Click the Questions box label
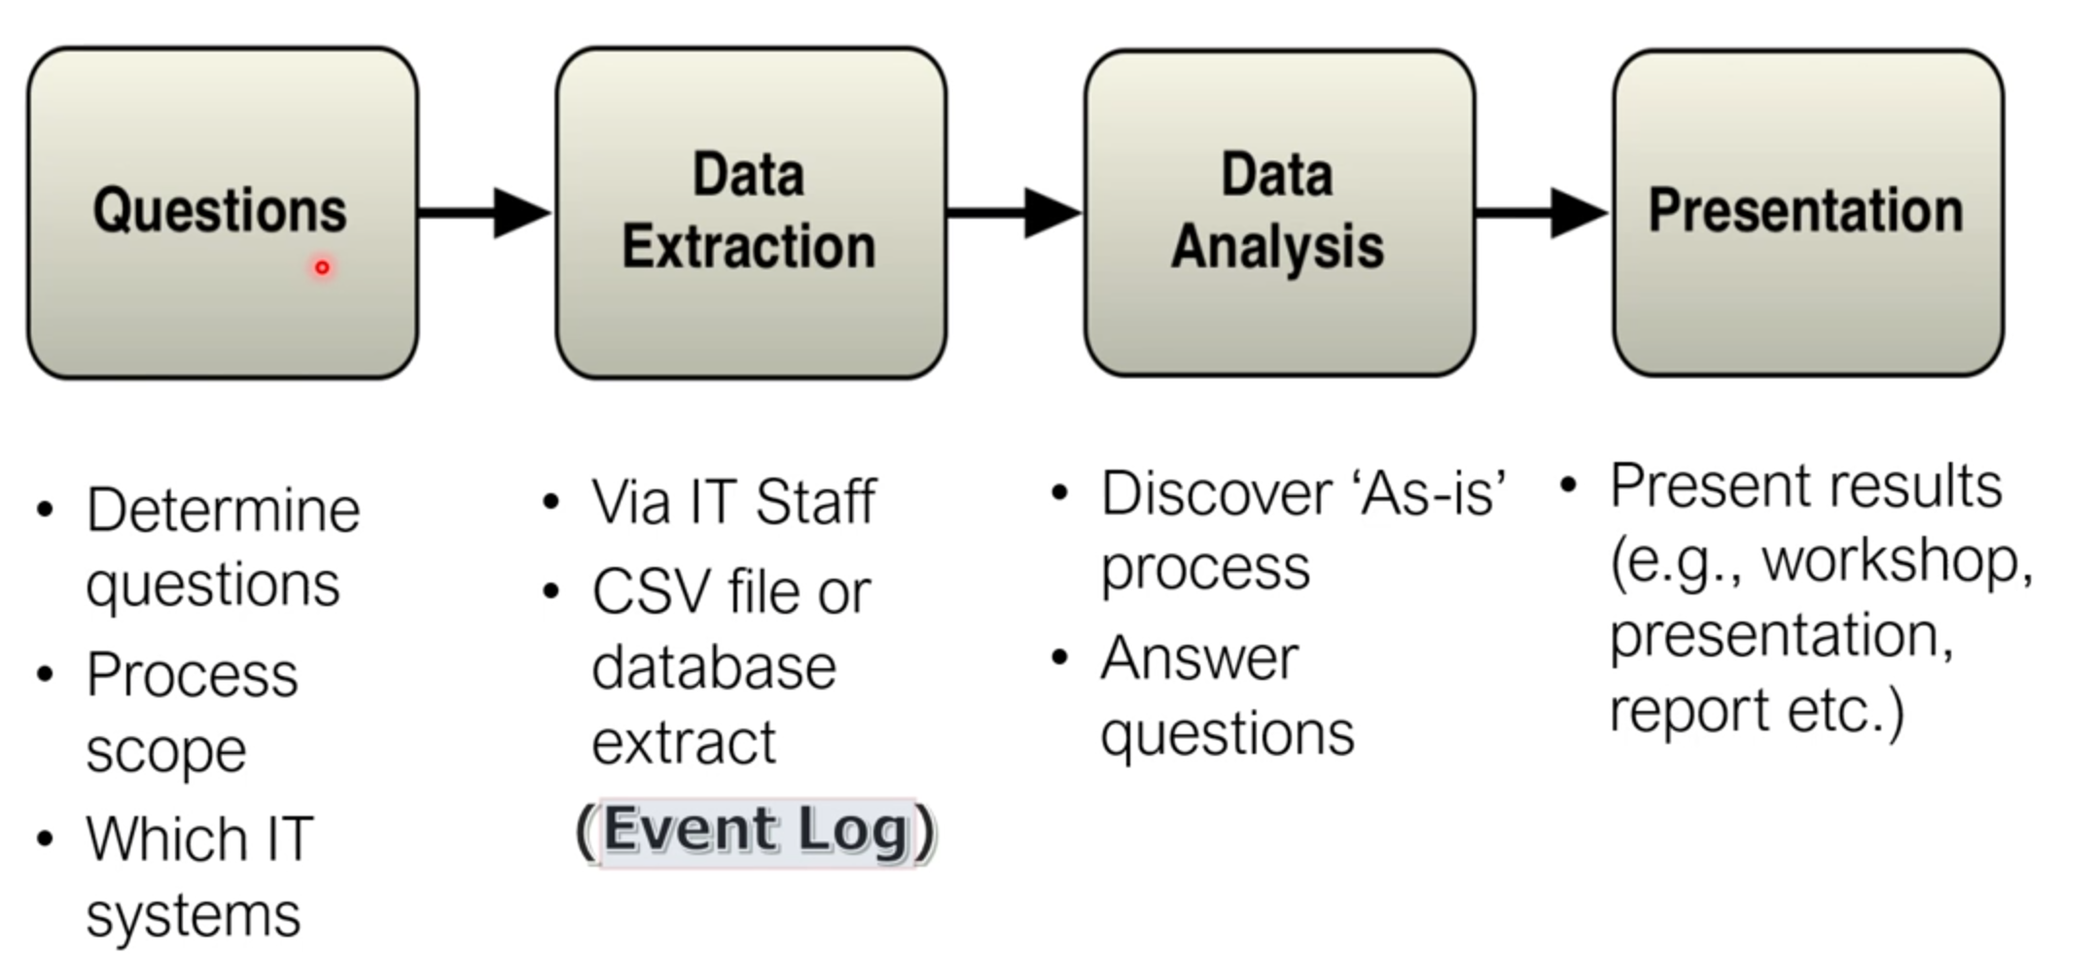[x=220, y=210]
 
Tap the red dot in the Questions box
[x=322, y=267]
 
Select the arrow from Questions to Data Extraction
[x=484, y=212]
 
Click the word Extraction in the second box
[x=748, y=246]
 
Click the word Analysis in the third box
[x=1277, y=246]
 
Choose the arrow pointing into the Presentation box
[x=1542, y=212]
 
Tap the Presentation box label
[x=1805, y=210]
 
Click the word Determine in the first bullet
[x=223, y=510]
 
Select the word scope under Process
[x=165, y=751]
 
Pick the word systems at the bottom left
[x=193, y=915]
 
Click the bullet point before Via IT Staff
[x=552, y=502]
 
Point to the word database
[x=713, y=667]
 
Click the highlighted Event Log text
[x=756, y=831]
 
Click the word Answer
[x=1199, y=659]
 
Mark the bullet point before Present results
[x=1568, y=484]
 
